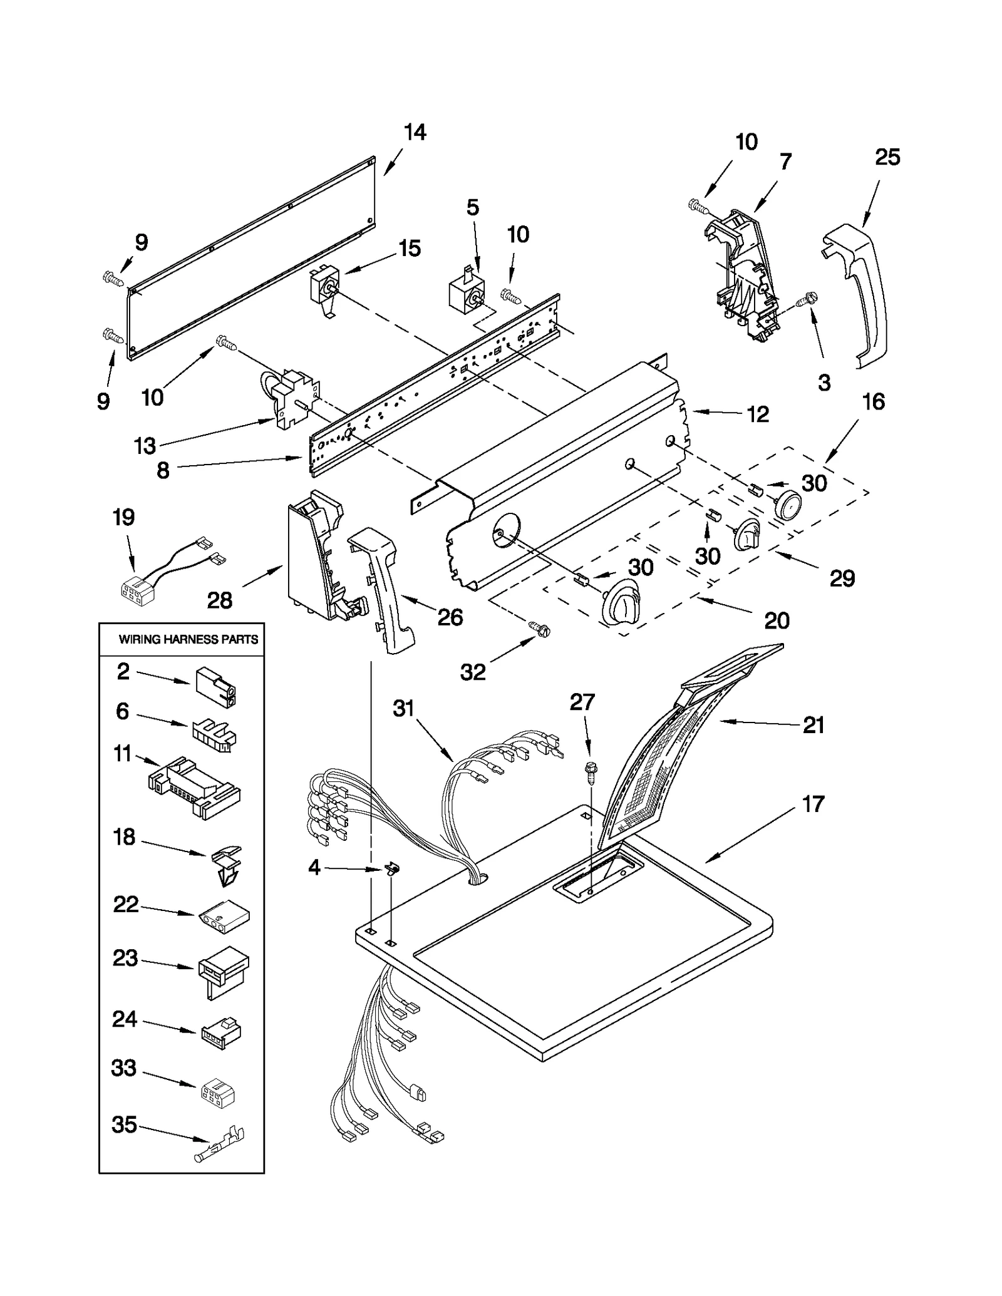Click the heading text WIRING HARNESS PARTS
(188, 639)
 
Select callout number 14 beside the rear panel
(415, 132)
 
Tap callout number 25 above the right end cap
(887, 157)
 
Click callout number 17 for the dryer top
(813, 804)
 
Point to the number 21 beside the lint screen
(813, 725)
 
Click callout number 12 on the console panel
(757, 414)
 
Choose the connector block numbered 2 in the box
(216, 686)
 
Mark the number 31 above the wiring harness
(404, 708)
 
